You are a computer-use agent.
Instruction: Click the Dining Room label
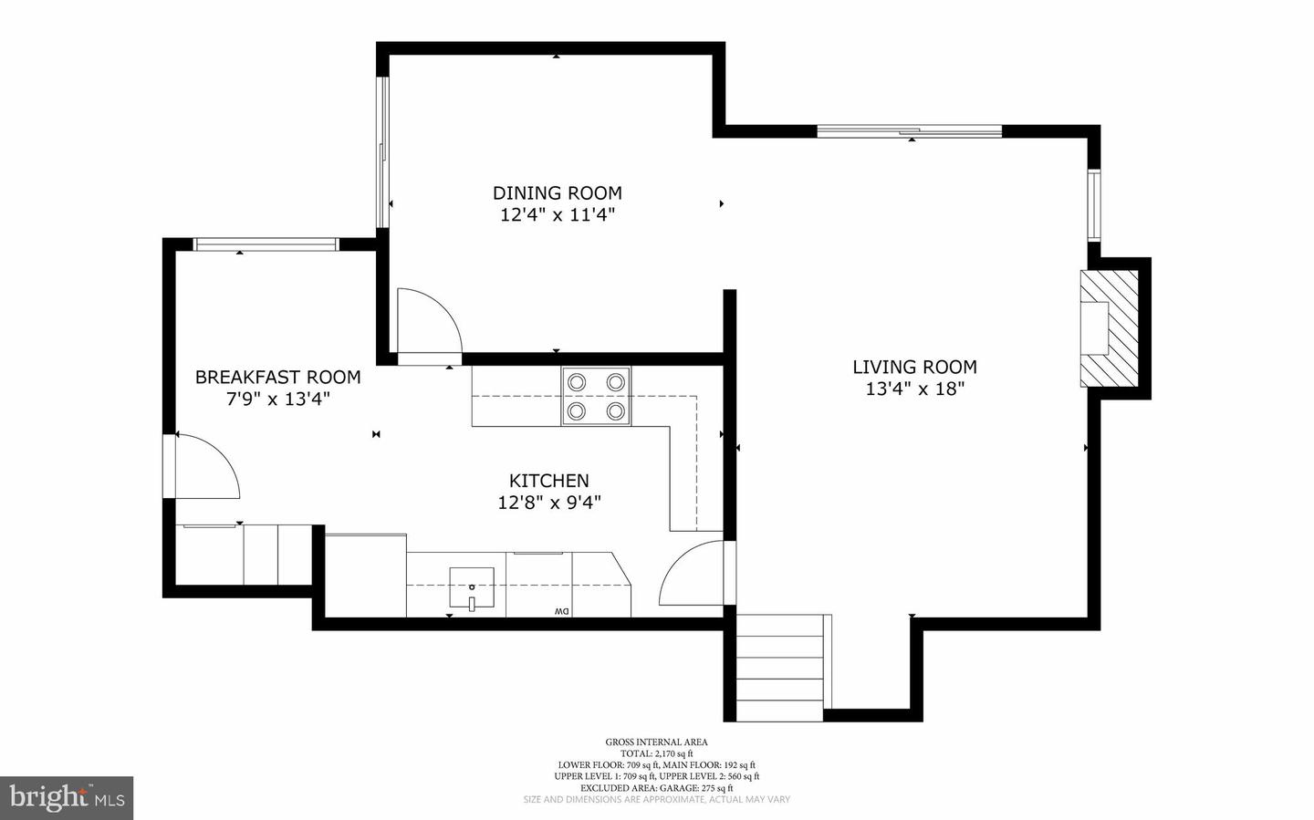click(x=557, y=192)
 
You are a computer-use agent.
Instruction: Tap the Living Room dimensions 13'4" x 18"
click(x=914, y=389)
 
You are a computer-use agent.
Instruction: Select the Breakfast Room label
click(x=277, y=377)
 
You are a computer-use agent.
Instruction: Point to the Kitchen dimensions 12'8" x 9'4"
click(x=548, y=502)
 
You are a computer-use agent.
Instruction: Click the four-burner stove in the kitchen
click(x=597, y=396)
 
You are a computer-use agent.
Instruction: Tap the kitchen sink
click(x=472, y=587)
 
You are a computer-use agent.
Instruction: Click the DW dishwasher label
click(x=560, y=610)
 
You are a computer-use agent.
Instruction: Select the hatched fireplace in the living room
click(x=1110, y=328)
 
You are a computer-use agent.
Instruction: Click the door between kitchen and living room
click(x=693, y=574)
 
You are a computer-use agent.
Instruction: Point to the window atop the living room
click(x=909, y=131)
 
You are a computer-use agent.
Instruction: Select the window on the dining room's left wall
click(x=384, y=151)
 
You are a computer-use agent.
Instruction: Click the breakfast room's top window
click(x=266, y=244)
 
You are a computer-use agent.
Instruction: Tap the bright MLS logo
click(x=67, y=798)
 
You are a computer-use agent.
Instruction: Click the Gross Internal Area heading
click(x=656, y=742)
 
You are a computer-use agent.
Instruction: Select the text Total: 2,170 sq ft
click(x=656, y=753)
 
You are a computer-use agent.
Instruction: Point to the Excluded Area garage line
click(x=656, y=788)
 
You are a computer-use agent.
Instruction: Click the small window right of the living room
click(x=1093, y=205)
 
